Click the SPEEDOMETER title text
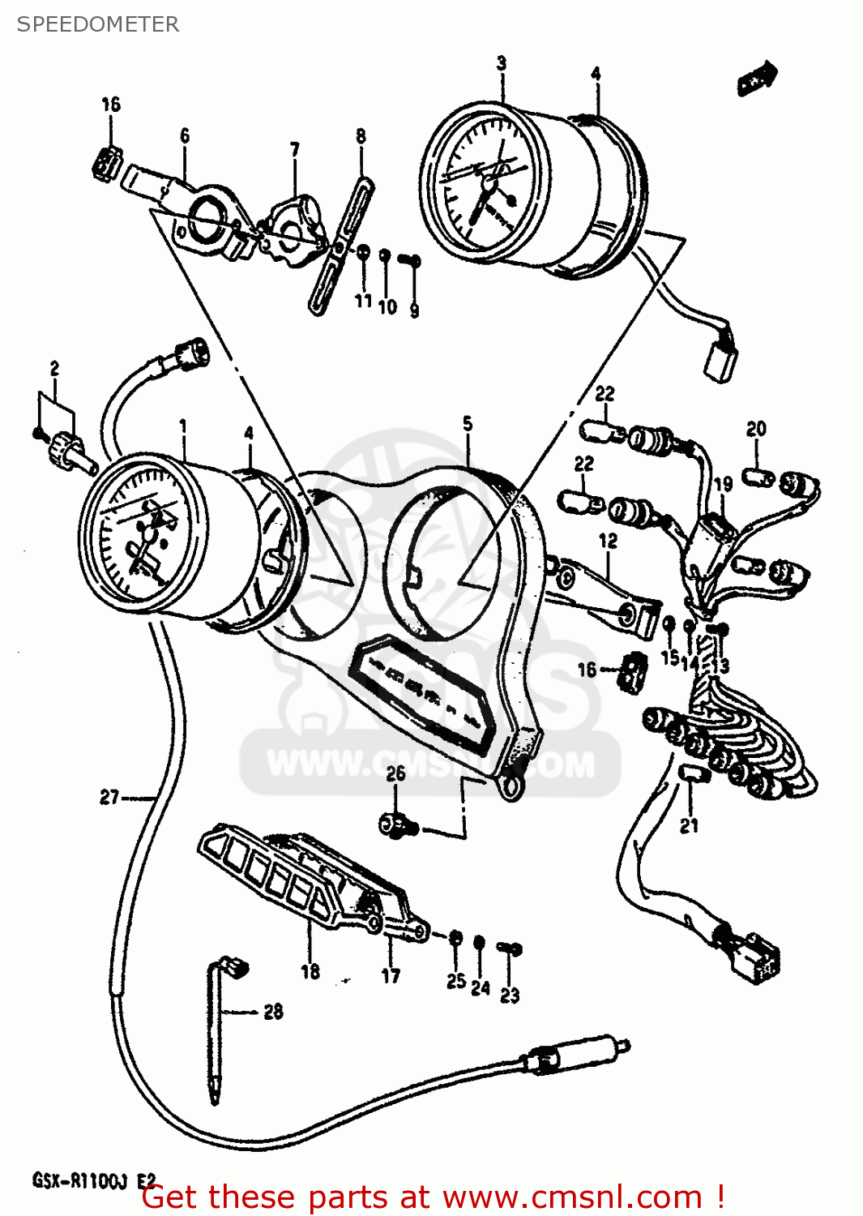pyautogui.click(x=97, y=24)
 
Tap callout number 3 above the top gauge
pyautogui.click(x=502, y=62)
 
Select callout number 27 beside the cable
pyautogui.click(x=109, y=798)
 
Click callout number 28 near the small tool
pyautogui.click(x=273, y=1011)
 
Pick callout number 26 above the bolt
pyautogui.click(x=395, y=773)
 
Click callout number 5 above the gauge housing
pyautogui.click(x=468, y=424)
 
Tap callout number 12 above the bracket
pyautogui.click(x=608, y=540)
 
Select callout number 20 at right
pyautogui.click(x=755, y=429)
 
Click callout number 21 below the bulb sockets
pyautogui.click(x=689, y=826)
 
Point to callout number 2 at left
pyautogui.click(x=54, y=368)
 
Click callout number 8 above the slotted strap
pyautogui.click(x=361, y=136)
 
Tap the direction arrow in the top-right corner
pyautogui.click(x=758, y=78)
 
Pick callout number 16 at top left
pyautogui.click(x=111, y=104)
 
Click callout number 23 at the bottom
pyautogui.click(x=509, y=995)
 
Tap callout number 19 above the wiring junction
pyautogui.click(x=723, y=484)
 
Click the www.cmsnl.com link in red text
pyautogui.click(x=572, y=1197)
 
